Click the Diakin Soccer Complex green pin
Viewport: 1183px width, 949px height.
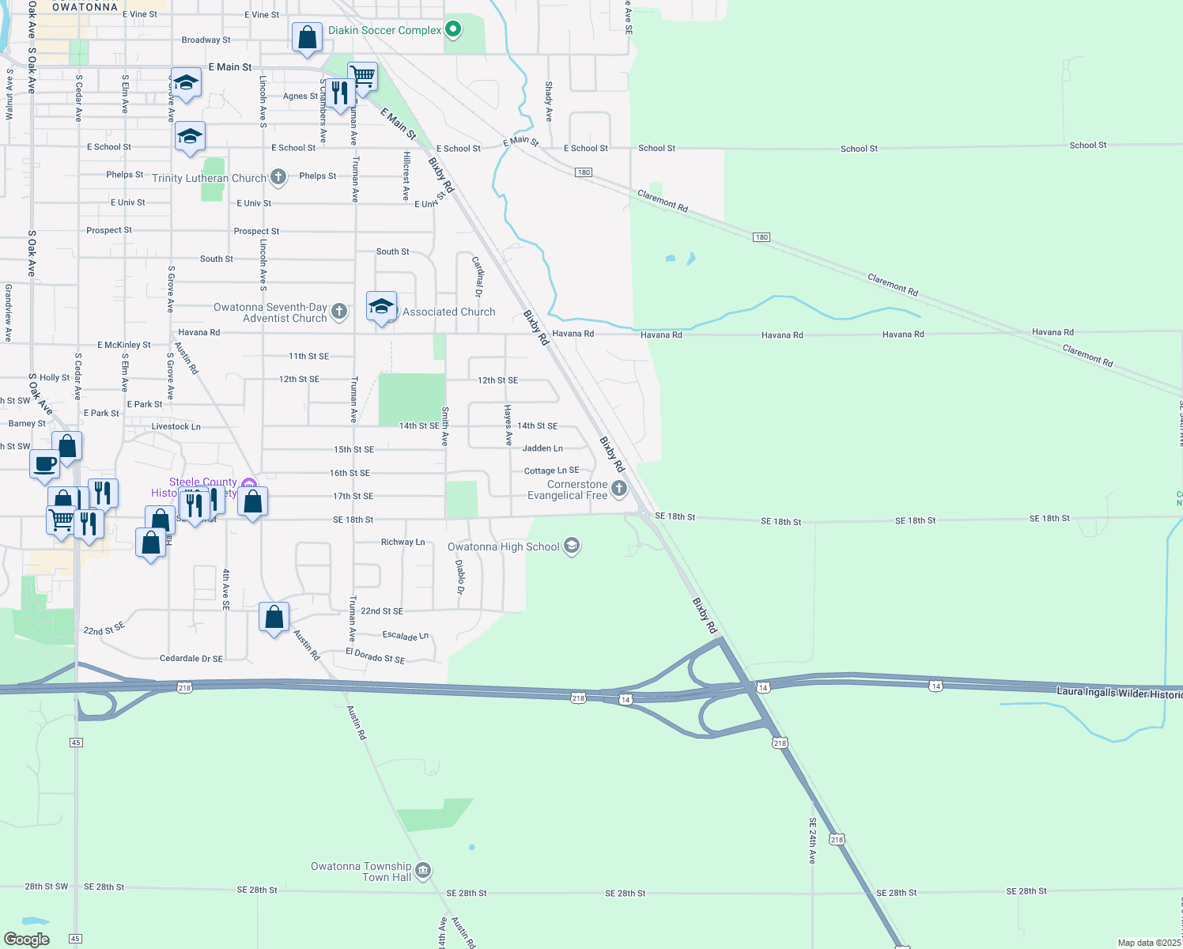(453, 30)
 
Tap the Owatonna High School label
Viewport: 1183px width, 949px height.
(504, 546)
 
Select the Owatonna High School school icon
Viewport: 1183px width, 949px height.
(572, 546)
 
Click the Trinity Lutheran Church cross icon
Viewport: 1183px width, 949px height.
(278, 177)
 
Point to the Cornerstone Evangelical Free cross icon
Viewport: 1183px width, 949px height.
(619, 489)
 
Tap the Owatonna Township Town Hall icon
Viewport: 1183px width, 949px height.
(423, 871)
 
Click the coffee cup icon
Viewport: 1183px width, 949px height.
(45, 463)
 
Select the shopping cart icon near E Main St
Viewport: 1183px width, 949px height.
(362, 77)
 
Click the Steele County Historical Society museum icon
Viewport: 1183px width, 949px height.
(248, 484)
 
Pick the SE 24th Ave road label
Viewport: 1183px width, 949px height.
(812, 840)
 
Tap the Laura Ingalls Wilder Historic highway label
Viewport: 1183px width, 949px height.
(1119, 693)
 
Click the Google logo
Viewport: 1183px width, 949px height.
(27, 939)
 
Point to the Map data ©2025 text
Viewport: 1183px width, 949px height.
(1149, 943)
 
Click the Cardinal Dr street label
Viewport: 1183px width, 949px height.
(478, 276)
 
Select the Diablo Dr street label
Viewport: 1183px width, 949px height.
(460, 577)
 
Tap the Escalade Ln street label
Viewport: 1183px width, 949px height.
(405, 635)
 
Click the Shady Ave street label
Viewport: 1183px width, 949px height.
(549, 101)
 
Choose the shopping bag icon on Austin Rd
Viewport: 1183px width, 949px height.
(274, 617)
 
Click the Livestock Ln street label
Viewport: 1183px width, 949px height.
(176, 426)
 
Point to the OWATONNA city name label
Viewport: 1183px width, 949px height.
(85, 7)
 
